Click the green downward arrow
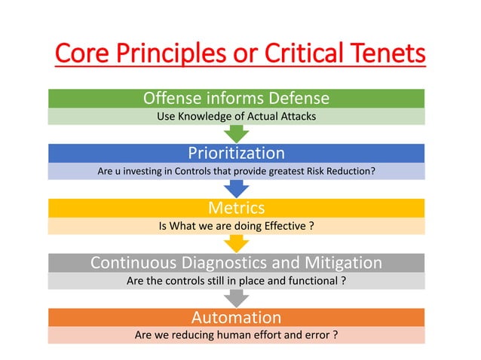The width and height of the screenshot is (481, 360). pos(237,133)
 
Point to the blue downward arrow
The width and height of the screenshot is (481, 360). pos(237,188)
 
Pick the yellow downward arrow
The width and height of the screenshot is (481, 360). pos(237,243)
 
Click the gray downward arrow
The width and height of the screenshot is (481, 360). pos(237,298)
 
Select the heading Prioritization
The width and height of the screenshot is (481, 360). pos(237,154)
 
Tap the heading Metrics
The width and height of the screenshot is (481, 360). pos(237,208)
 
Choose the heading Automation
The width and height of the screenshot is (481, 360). pos(237,317)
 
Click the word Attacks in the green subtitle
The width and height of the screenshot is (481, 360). pos(294,117)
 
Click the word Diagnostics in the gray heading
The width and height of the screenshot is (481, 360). pos(238,263)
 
